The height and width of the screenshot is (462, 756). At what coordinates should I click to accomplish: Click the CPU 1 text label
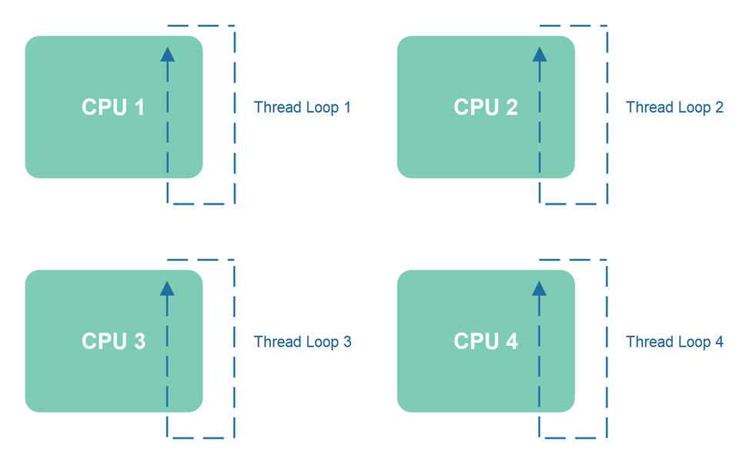pyautogui.click(x=113, y=108)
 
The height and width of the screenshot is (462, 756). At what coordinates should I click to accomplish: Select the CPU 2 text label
pyautogui.click(x=485, y=108)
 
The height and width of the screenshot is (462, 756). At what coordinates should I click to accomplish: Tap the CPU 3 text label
pyautogui.click(x=113, y=341)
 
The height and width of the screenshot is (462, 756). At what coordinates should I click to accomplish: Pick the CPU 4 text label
pyautogui.click(x=485, y=341)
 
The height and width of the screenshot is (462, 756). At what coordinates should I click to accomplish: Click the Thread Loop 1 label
pyautogui.click(x=302, y=108)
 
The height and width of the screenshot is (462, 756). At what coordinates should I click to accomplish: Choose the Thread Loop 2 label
pyautogui.click(x=674, y=108)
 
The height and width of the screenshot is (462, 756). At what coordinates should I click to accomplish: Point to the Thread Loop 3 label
pyautogui.click(x=302, y=342)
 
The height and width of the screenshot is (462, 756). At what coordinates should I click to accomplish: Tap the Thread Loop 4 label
pyautogui.click(x=674, y=342)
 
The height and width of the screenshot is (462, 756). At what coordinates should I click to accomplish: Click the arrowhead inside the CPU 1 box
pyautogui.click(x=167, y=54)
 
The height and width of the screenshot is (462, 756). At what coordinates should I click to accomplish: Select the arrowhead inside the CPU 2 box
pyautogui.click(x=540, y=54)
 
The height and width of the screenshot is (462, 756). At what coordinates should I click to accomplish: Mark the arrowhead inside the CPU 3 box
pyautogui.click(x=167, y=288)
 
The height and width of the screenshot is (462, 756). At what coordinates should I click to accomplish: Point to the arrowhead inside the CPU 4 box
pyautogui.click(x=540, y=288)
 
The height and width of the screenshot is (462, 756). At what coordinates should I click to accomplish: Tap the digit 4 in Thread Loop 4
pyautogui.click(x=719, y=342)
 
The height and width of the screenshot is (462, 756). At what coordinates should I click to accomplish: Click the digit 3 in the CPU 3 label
pyautogui.click(x=139, y=341)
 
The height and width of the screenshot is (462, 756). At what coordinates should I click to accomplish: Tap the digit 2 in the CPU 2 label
pyautogui.click(x=511, y=108)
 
